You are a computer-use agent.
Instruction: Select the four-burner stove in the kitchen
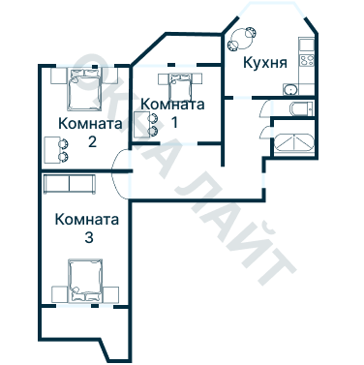(307, 62)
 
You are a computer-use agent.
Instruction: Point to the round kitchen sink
(289, 89)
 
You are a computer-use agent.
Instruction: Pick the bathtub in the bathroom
(294, 144)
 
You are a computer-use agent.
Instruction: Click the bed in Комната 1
(176, 86)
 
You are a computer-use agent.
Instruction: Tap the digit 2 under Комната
(90, 141)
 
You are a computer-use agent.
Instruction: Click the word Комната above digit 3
(87, 219)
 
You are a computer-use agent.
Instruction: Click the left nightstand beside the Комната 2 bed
(57, 75)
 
